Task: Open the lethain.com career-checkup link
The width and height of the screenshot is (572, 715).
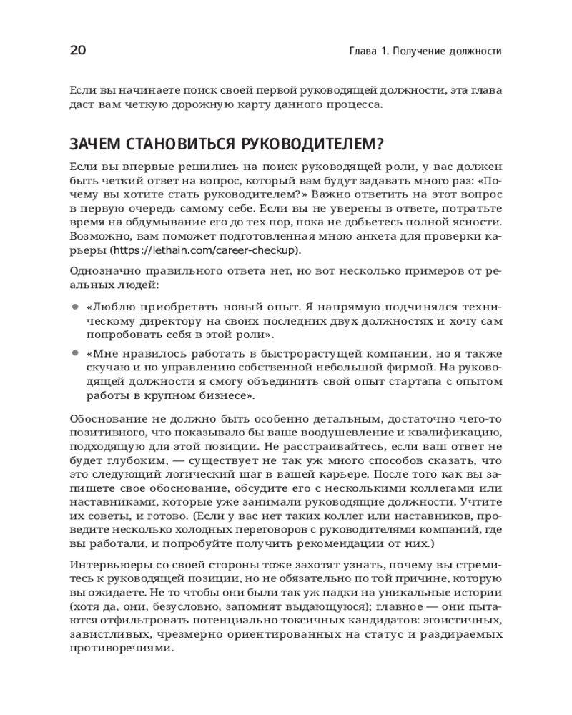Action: coord(205,250)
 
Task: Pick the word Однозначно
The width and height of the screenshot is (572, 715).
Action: coord(100,272)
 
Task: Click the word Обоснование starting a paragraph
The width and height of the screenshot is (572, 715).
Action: coord(105,418)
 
